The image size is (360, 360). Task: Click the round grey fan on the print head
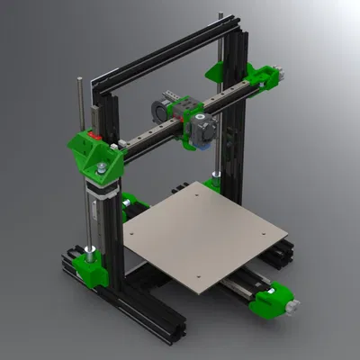coord(155,112)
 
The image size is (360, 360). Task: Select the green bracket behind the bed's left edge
coord(130,202)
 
